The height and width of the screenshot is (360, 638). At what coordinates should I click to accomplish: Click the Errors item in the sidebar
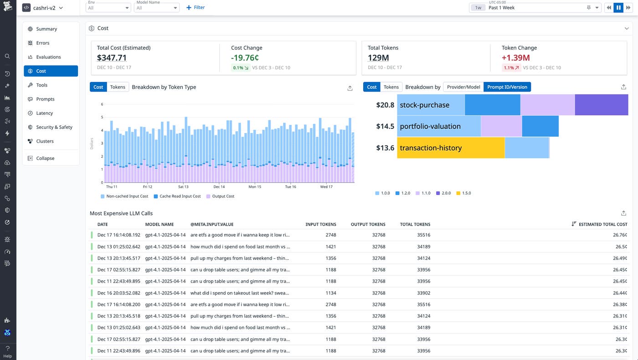coord(42,43)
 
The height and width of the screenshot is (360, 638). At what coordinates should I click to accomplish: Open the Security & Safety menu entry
coord(54,127)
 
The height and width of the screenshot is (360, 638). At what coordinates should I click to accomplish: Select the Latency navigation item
coord(44,113)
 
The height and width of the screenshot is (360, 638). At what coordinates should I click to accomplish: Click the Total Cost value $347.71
coord(112,58)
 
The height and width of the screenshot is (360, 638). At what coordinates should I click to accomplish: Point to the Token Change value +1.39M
coord(515,58)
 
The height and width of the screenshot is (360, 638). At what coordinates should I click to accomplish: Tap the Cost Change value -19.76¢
coord(245,58)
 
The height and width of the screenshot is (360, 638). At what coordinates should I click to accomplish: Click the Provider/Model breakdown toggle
coord(463,87)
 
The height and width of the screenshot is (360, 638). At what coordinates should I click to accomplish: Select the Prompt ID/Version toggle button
coord(507,87)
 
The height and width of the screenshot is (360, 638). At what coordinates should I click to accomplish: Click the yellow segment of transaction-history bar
coord(451,148)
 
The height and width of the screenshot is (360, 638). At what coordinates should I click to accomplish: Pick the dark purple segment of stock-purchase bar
coord(601,105)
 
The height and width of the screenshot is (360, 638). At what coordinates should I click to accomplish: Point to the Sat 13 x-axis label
coord(183,187)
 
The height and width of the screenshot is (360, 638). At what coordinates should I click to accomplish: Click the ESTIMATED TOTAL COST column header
coord(602,224)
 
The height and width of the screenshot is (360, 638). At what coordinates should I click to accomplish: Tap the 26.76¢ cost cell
coord(620,235)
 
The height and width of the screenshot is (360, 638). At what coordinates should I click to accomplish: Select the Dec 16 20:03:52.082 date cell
coord(118,293)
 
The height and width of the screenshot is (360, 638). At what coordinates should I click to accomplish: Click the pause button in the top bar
coord(618,8)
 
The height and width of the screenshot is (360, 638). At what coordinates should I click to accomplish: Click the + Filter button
coord(196,8)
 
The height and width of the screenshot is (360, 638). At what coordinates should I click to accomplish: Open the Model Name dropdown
coord(156,8)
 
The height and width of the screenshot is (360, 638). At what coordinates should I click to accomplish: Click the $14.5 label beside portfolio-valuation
coord(385,126)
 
